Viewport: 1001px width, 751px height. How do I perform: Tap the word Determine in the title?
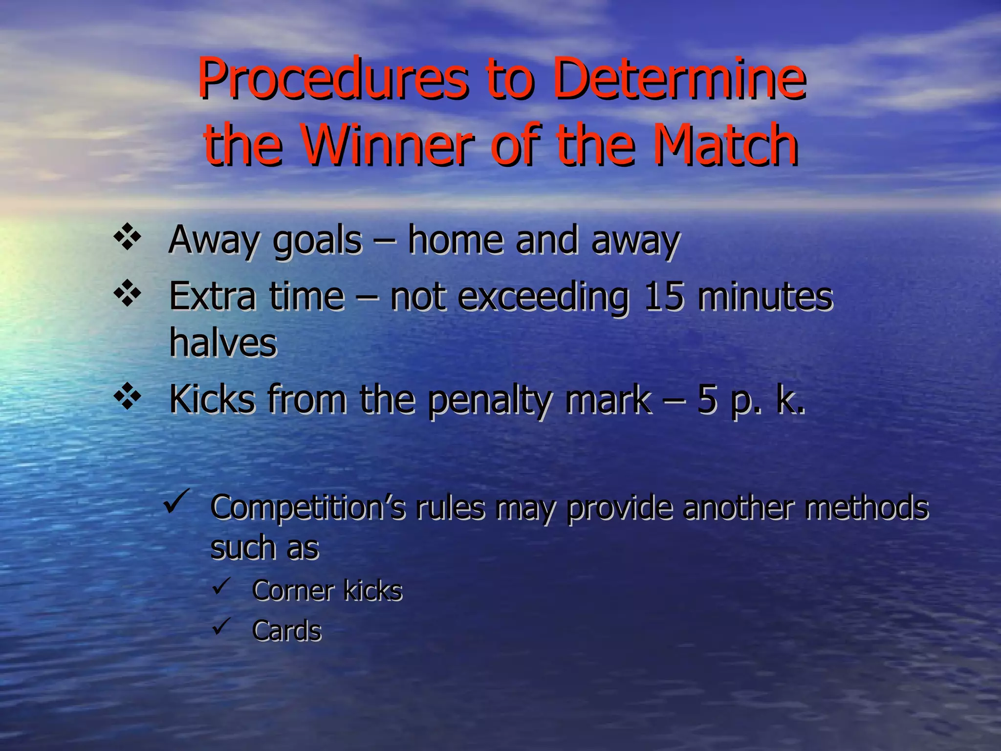679,78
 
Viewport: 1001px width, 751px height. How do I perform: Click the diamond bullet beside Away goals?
127,237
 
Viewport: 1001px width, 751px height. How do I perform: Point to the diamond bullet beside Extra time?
127,293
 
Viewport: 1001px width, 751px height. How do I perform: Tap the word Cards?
287,631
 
